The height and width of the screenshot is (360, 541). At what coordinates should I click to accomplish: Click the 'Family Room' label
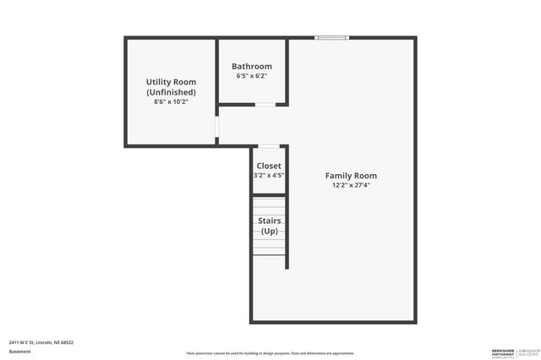pyautogui.click(x=351, y=176)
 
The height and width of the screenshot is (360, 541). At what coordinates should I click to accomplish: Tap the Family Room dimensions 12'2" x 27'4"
pyautogui.click(x=351, y=185)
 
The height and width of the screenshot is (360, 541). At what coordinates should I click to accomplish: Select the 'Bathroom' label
pyautogui.click(x=252, y=67)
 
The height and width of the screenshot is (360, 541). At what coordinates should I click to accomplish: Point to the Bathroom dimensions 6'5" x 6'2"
pyautogui.click(x=252, y=76)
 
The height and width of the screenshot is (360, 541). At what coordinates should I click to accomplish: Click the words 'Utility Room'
pyautogui.click(x=171, y=82)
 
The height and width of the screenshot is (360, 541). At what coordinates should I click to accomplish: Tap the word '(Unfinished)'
pyautogui.click(x=171, y=91)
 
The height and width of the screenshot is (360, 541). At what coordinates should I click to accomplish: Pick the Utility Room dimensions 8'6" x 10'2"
pyautogui.click(x=171, y=101)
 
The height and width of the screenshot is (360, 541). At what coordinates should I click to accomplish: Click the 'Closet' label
pyautogui.click(x=269, y=166)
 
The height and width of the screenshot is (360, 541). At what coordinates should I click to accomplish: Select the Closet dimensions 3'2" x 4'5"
pyautogui.click(x=269, y=176)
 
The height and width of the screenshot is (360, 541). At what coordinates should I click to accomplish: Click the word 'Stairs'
pyautogui.click(x=269, y=221)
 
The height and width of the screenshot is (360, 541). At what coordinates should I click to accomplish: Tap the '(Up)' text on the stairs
pyautogui.click(x=269, y=231)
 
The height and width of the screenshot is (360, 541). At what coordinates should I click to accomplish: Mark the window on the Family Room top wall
pyautogui.click(x=332, y=37)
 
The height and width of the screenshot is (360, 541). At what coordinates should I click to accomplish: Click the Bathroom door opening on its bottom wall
pyautogui.click(x=265, y=104)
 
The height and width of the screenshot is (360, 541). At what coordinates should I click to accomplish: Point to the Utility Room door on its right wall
pyautogui.click(x=217, y=126)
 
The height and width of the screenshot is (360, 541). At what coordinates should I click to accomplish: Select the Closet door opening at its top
pyautogui.click(x=268, y=146)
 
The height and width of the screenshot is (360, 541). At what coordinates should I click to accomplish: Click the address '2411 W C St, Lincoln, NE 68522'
pyautogui.click(x=41, y=342)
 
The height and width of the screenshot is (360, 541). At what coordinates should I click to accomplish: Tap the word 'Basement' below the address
pyautogui.click(x=19, y=351)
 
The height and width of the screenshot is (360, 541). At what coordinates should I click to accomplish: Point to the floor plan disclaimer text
pyautogui.click(x=270, y=353)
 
